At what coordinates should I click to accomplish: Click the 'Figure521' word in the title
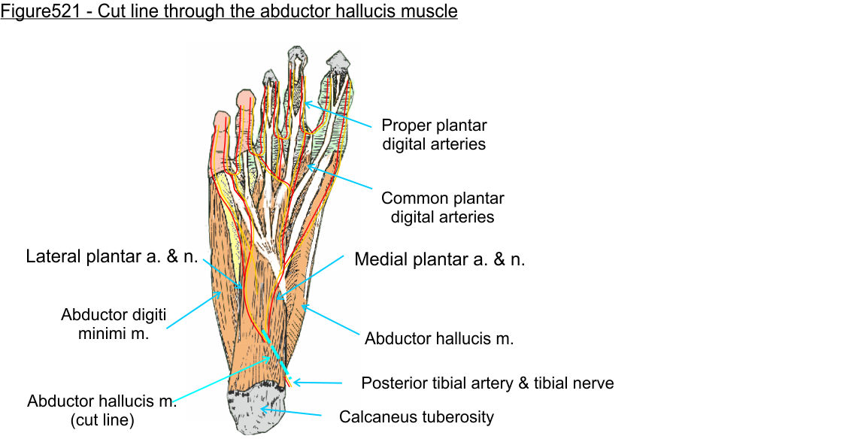pyautogui.click(x=34, y=12)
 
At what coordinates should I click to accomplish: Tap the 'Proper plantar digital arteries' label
pyautogui.click(x=434, y=134)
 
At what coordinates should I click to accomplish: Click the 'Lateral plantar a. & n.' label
pyautogui.click(x=112, y=256)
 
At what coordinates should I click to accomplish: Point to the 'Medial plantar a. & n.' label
pyautogui.click(x=440, y=260)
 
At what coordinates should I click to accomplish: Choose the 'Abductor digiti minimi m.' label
pyautogui.click(x=114, y=324)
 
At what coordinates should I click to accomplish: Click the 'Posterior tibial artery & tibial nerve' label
pyautogui.click(x=487, y=383)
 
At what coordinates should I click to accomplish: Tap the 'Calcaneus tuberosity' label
pyautogui.click(x=417, y=416)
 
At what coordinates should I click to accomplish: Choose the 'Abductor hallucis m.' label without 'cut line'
pyautogui.click(x=439, y=338)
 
